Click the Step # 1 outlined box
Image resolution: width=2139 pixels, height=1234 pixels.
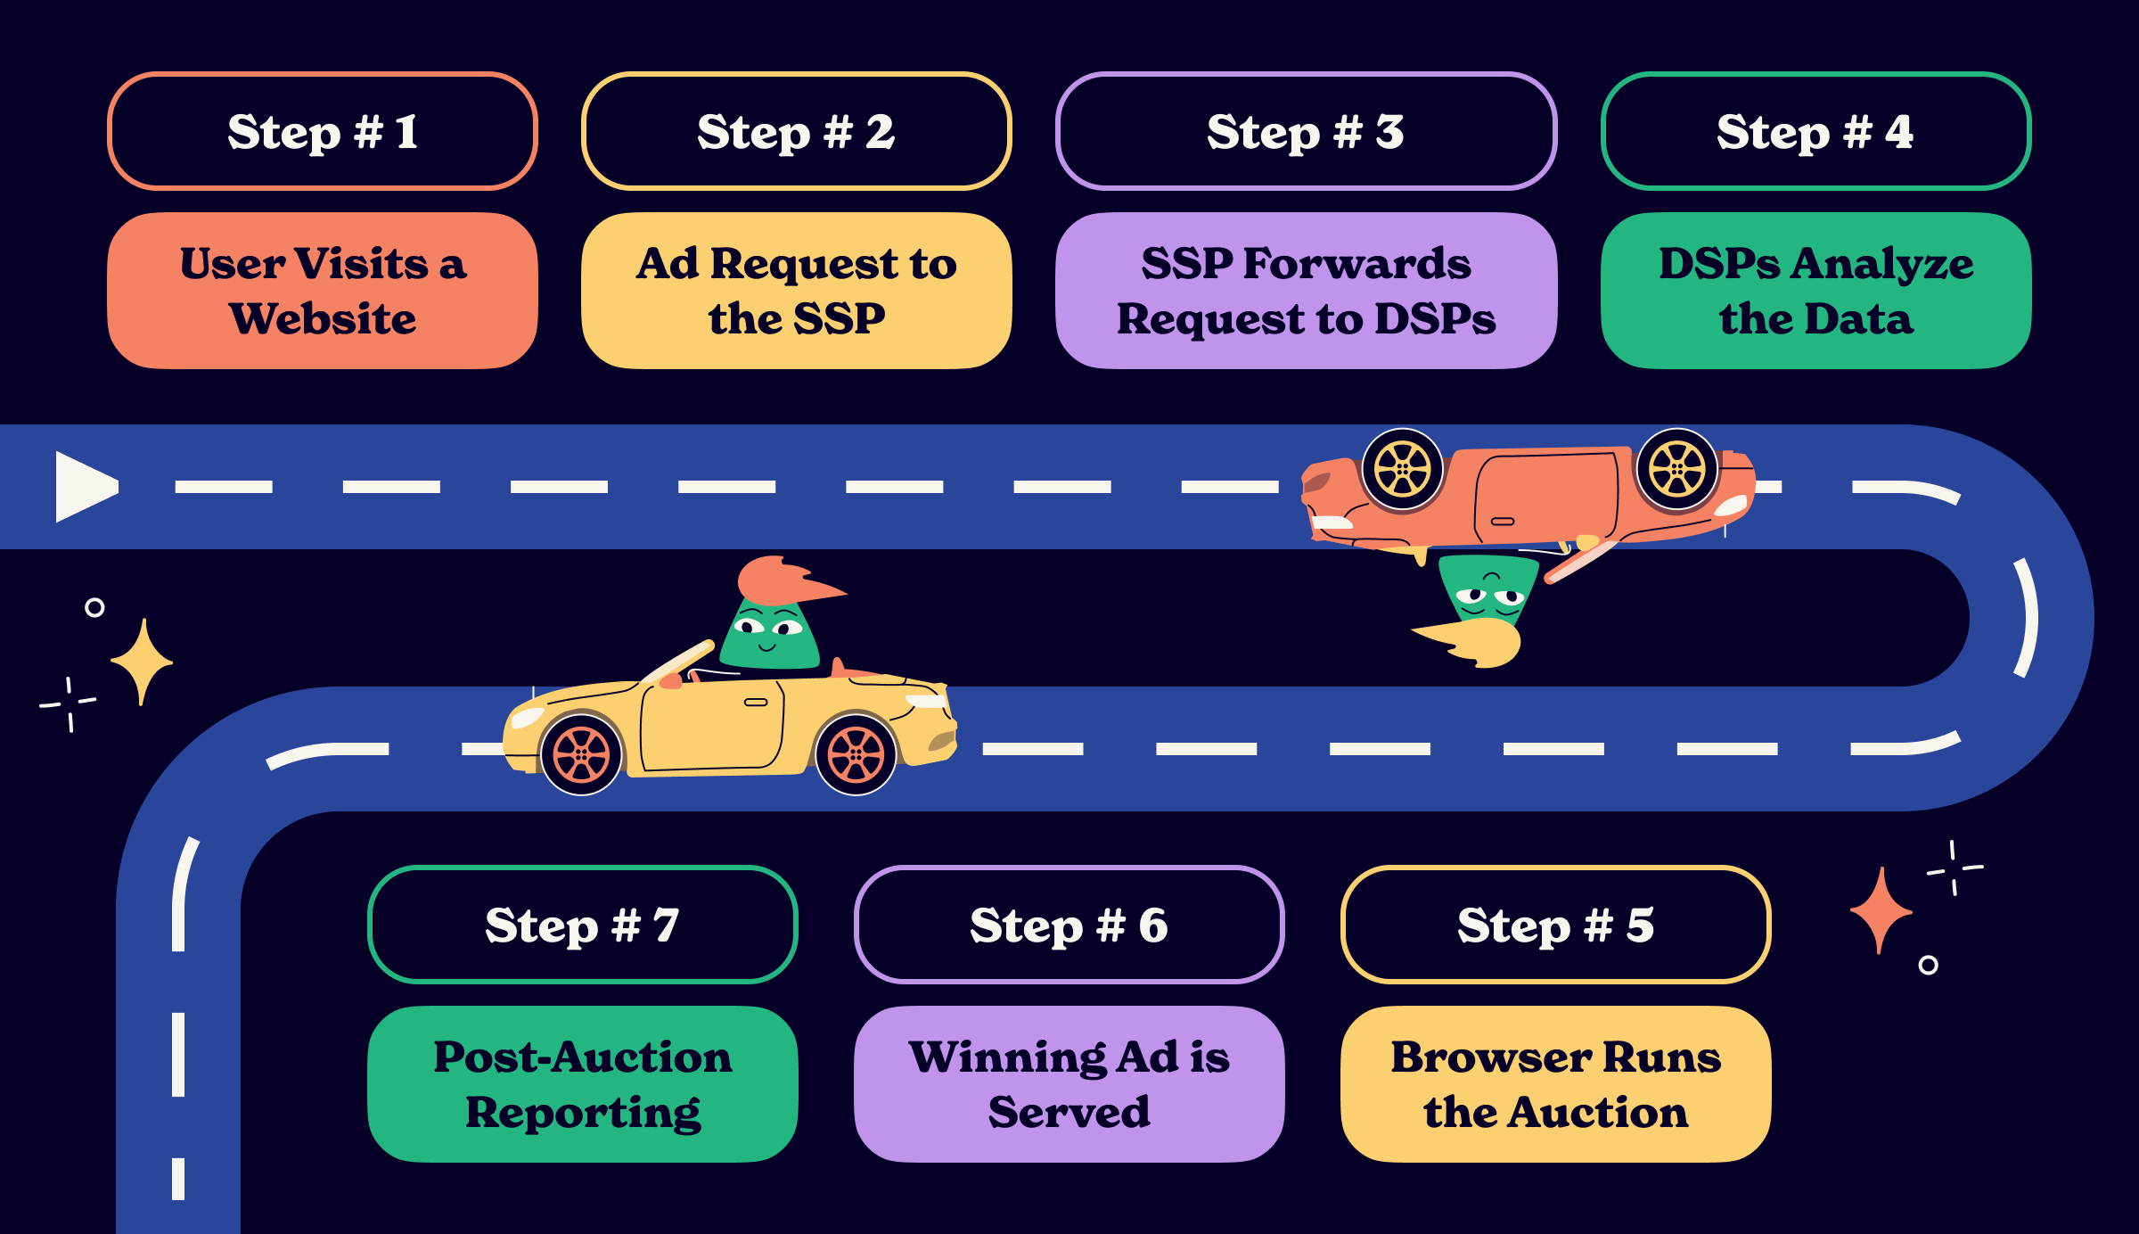[x=322, y=131]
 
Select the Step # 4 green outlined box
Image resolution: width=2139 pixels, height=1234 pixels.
[x=1815, y=131]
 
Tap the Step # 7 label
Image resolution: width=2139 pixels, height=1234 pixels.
[x=582, y=925]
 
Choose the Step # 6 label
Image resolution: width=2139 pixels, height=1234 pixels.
[x=1069, y=925]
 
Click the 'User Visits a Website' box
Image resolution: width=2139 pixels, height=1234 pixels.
[x=322, y=291]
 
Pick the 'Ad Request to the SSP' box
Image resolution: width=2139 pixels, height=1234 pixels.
[x=796, y=291]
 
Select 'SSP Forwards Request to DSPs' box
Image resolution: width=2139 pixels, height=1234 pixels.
[x=1306, y=291]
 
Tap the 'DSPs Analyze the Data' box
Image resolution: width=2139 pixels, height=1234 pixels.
[x=1815, y=291]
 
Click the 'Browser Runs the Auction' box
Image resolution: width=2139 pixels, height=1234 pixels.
[x=1555, y=1084]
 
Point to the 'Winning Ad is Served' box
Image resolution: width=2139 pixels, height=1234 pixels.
[x=1069, y=1084]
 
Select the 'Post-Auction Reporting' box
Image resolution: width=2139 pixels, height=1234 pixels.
[x=582, y=1084]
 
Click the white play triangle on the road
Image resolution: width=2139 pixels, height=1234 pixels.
[x=83, y=487]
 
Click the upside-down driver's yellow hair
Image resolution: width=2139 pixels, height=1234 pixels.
[x=1479, y=643]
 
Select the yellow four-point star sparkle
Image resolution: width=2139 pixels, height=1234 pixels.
[x=142, y=662]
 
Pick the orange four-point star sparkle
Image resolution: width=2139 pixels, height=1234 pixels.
[x=1881, y=910]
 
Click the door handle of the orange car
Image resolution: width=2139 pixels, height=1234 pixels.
[x=1503, y=521]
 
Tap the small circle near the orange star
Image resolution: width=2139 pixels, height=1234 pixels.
[x=1928, y=965]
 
